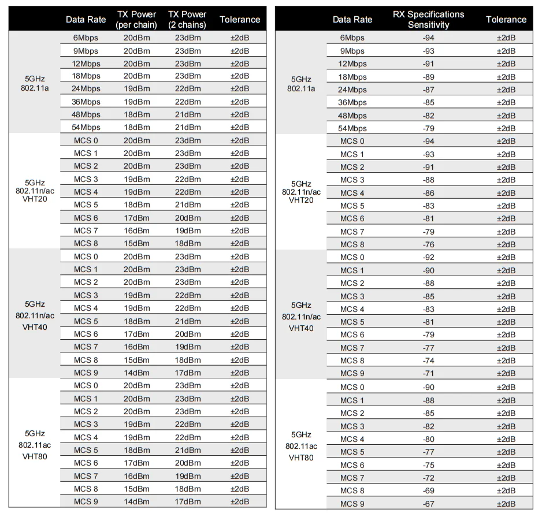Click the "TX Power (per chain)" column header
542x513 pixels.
point(136,19)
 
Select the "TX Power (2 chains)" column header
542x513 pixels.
point(188,19)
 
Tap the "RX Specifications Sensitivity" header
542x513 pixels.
point(428,19)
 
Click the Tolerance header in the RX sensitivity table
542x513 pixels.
point(506,19)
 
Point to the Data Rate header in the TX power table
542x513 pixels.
point(86,19)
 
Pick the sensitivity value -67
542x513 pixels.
point(428,504)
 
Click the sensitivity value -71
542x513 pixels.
point(428,373)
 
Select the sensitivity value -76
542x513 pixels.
point(428,244)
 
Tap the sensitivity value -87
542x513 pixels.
point(428,90)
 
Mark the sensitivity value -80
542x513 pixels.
point(428,439)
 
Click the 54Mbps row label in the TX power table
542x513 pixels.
point(86,127)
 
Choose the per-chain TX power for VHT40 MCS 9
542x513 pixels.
point(136,373)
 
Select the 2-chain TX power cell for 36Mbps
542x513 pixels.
point(188,102)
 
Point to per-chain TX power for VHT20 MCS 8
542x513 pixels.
point(136,243)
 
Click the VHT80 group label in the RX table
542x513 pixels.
point(301,446)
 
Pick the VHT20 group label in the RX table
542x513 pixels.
point(301,192)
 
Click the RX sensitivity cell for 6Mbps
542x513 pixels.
point(428,38)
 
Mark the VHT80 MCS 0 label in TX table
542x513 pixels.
point(86,385)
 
